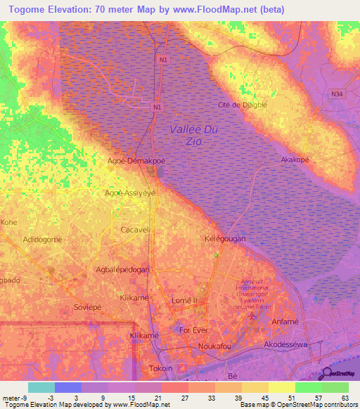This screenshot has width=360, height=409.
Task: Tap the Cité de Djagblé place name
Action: click(242, 105)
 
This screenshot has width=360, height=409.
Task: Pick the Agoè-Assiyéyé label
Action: click(129, 192)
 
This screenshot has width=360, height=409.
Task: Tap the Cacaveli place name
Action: click(136, 229)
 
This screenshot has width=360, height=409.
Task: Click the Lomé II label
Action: click(185, 301)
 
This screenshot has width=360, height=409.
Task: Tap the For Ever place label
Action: click(193, 330)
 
